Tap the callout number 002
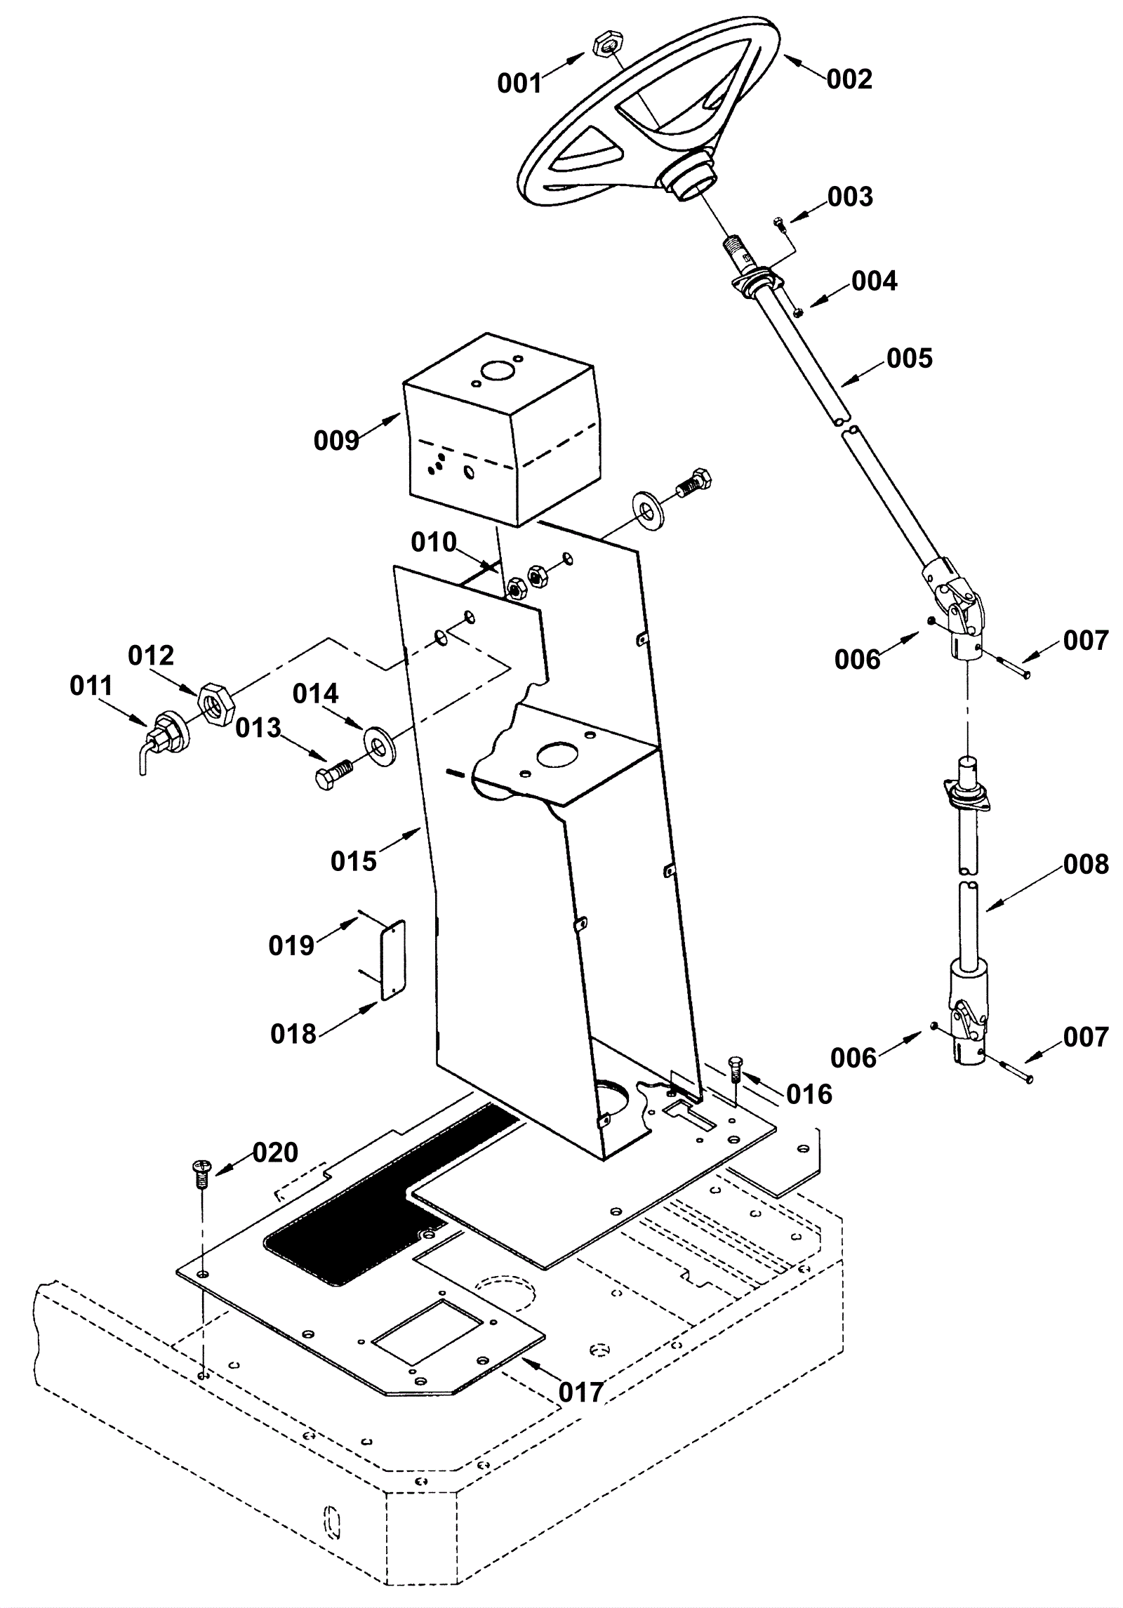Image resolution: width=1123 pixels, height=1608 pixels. point(849,79)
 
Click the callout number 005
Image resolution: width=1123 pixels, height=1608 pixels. point(910,359)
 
